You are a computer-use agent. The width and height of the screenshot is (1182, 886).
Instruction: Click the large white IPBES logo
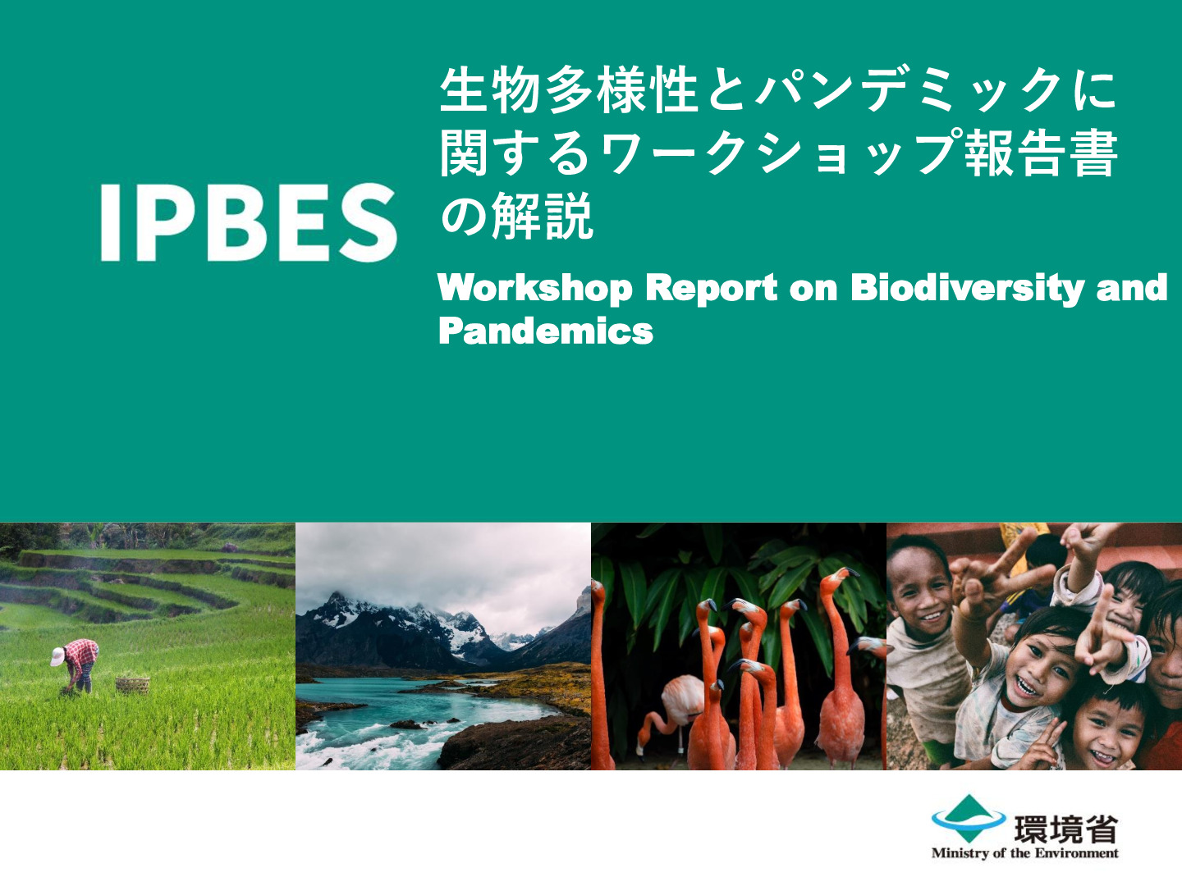(249, 222)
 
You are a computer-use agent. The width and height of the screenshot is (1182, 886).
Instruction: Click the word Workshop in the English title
(535, 288)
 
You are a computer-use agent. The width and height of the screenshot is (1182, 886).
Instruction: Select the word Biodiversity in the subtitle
(967, 288)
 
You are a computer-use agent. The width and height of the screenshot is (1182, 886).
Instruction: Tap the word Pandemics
(546, 331)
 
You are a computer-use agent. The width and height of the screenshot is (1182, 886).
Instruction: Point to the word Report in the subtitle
(712, 288)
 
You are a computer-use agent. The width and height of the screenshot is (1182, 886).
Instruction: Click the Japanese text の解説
(515, 217)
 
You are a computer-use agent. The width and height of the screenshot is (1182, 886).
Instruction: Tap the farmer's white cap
(57, 656)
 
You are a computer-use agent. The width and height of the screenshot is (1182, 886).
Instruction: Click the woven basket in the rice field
(132, 685)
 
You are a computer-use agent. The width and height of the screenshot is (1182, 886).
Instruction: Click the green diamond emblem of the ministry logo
(969, 818)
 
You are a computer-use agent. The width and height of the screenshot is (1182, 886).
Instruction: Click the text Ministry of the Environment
(1024, 853)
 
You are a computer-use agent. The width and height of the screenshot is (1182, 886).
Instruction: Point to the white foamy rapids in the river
(350, 747)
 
